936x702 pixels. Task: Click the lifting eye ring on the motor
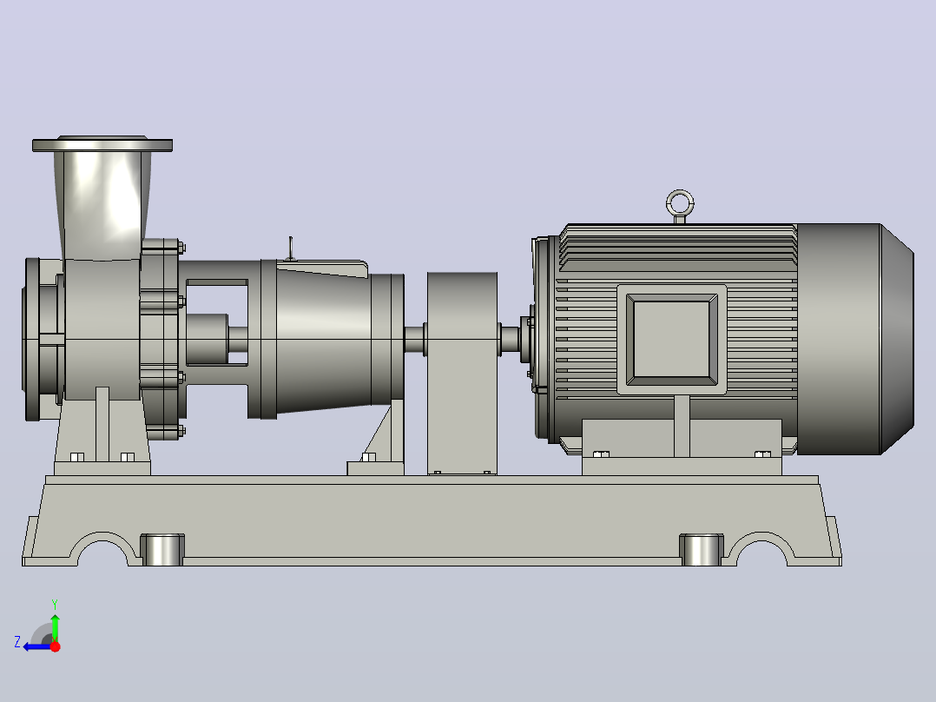[680, 194]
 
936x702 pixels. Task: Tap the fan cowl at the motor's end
[854, 339]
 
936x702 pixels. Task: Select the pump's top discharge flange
[102, 144]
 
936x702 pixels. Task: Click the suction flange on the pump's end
[32, 340]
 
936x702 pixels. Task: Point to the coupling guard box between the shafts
[462, 374]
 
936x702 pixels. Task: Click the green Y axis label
[55, 605]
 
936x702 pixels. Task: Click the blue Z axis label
[17, 642]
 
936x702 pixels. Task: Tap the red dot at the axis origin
[56, 646]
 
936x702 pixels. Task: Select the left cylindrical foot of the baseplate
[162, 550]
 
